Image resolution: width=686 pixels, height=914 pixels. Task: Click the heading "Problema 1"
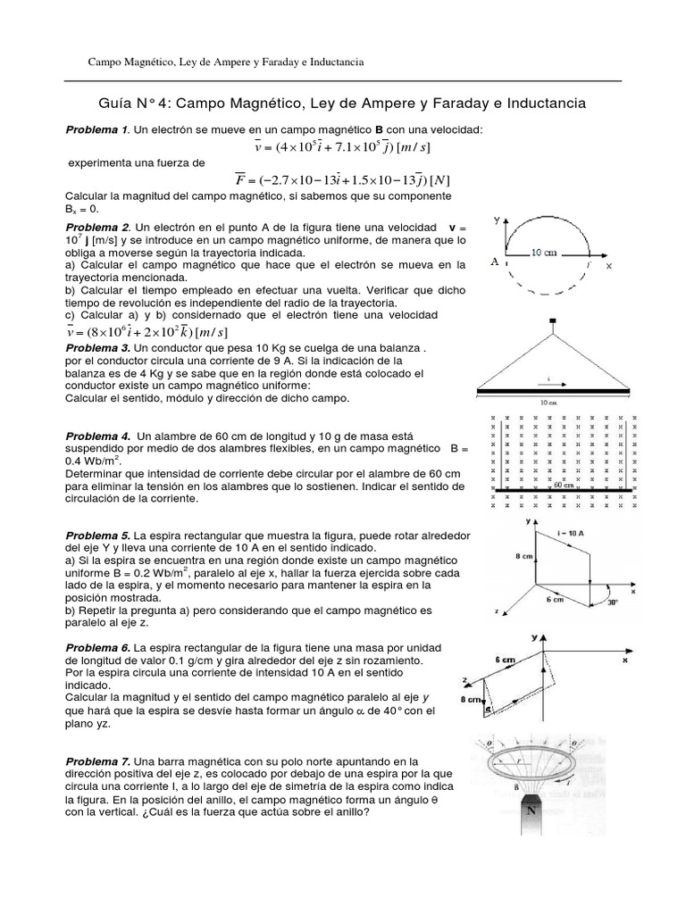click(x=97, y=129)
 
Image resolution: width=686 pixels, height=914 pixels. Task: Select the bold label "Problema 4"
click(x=97, y=436)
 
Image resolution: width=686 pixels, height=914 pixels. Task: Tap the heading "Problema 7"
click(x=97, y=760)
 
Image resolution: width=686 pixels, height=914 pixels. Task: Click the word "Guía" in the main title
click(x=113, y=104)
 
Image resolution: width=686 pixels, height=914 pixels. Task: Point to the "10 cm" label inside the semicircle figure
click(x=546, y=253)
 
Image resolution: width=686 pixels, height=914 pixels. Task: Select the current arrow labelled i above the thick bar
click(x=548, y=379)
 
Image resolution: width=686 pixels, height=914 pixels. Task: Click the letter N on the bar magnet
click(x=532, y=813)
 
